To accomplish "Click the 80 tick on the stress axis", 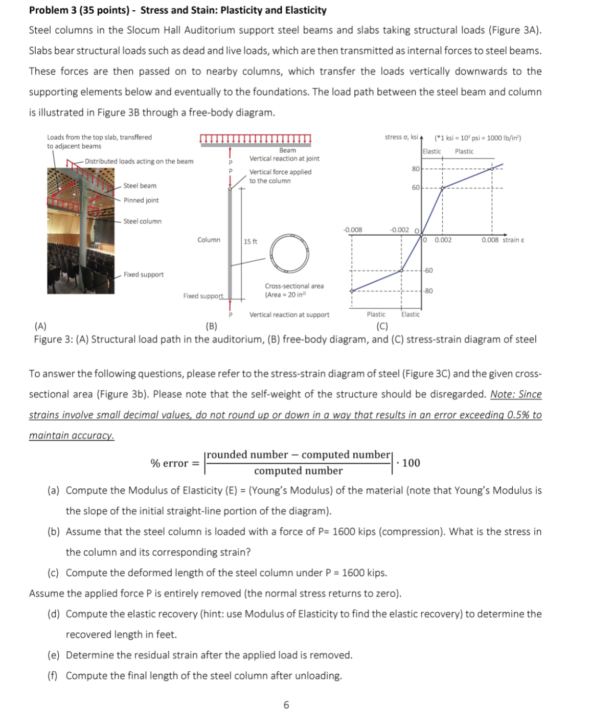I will (x=416, y=169).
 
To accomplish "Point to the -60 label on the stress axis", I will (x=428, y=270).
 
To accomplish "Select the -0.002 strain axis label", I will (x=399, y=230).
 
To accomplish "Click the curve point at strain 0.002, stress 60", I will (x=442, y=188).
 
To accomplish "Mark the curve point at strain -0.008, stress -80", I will (x=351, y=291).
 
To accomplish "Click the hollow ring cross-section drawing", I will (x=289, y=252).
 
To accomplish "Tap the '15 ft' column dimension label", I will (x=251, y=241).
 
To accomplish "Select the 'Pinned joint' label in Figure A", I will (x=141, y=200).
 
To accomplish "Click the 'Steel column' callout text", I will (x=142, y=221).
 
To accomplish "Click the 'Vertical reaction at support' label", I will (x=289, y=315).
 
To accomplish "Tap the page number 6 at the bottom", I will (x=286, y=705).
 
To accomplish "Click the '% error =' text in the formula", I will (x=174, y=463).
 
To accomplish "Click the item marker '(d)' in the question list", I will (x=54, y=614).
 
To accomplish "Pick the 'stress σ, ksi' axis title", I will (x=401, y=137).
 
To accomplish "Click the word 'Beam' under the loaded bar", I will (x=287, y=150).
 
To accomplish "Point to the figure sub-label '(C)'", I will (x=382, y=326).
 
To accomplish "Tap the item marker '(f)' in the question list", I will (x=53, y=676).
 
